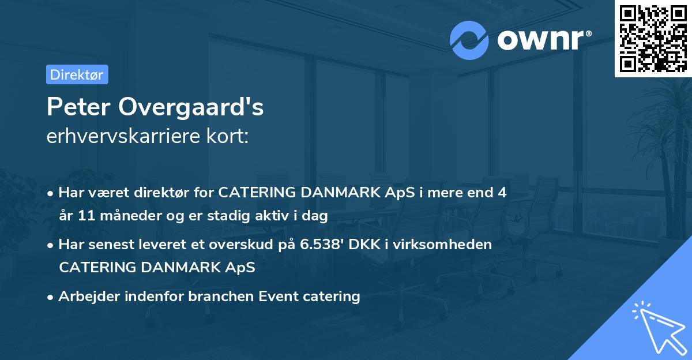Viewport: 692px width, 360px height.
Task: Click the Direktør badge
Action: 77,74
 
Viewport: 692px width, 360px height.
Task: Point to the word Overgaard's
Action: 192,108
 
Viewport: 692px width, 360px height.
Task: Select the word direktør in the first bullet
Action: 164,193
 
